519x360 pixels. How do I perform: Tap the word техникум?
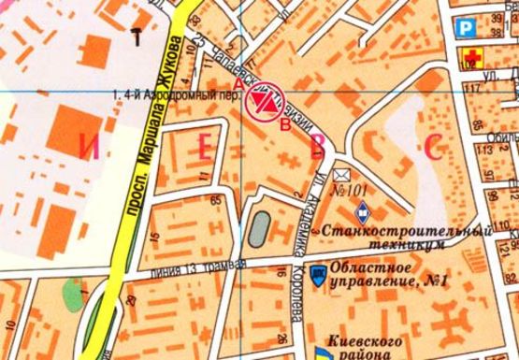[x=418, y=244]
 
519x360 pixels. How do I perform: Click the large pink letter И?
[x=90, y=146]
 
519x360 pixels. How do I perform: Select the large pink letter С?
[x=432, y=146]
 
